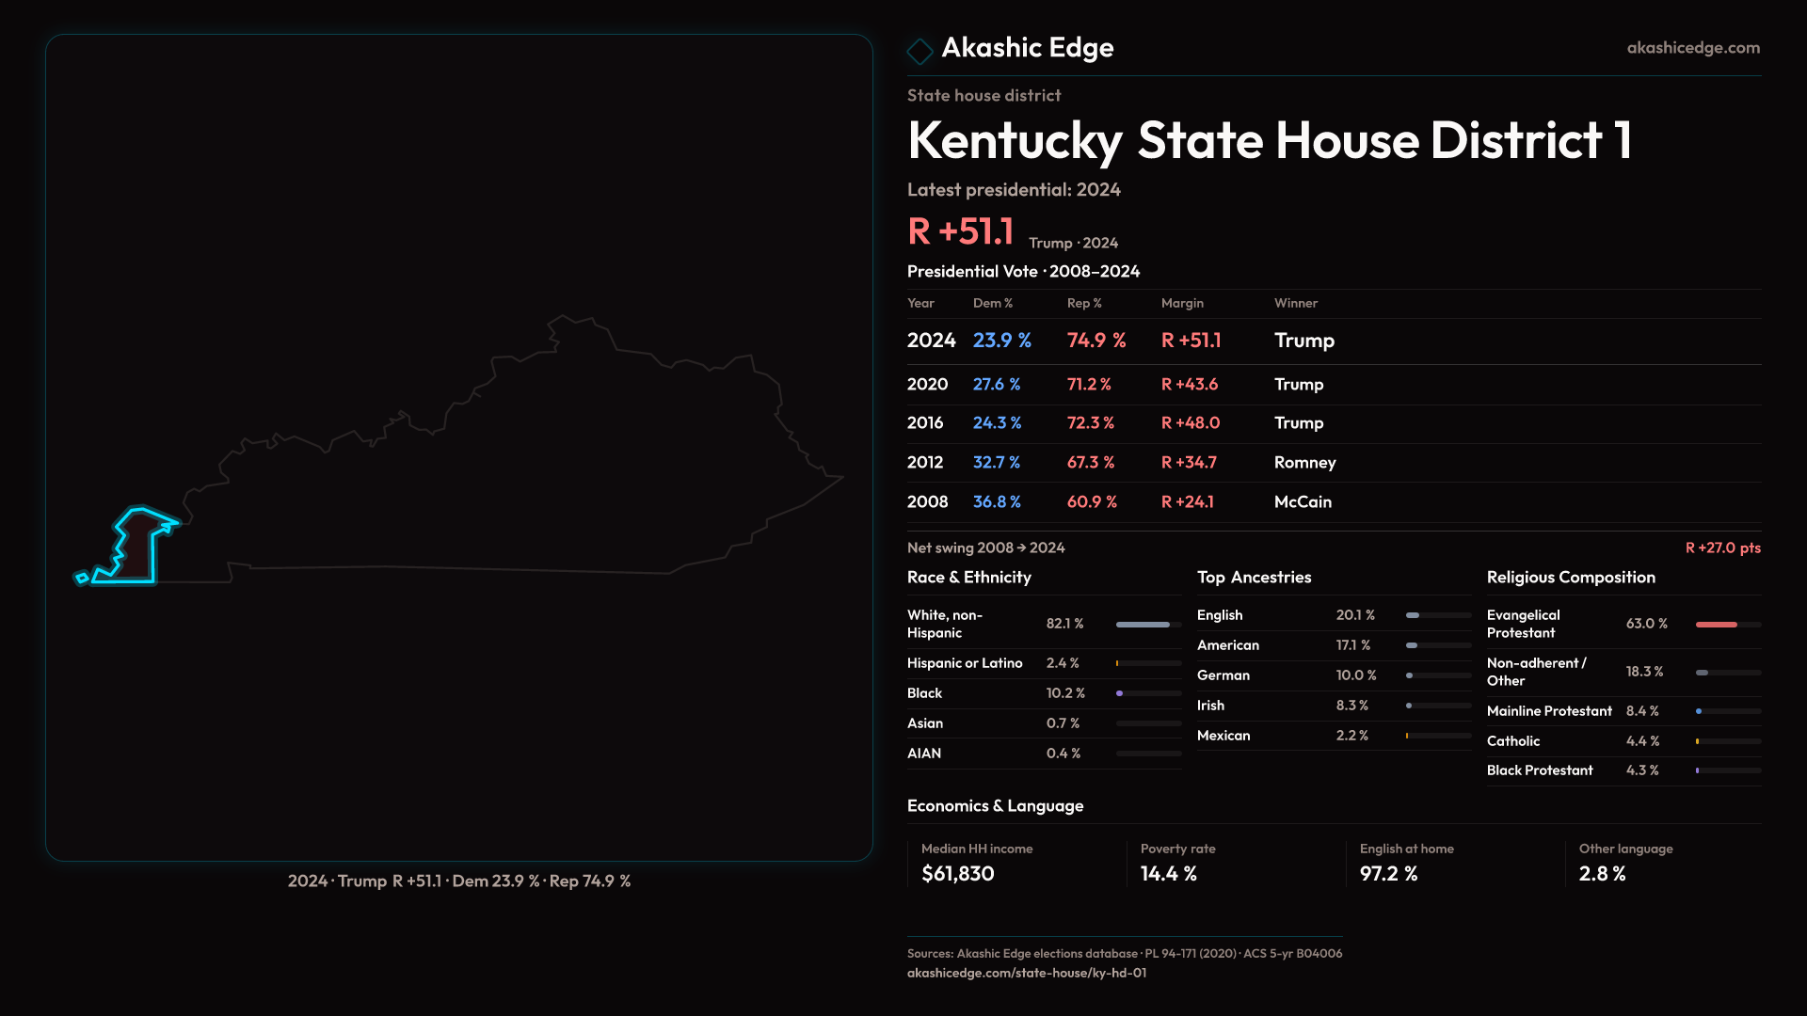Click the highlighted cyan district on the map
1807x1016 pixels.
click(x=136, y=550)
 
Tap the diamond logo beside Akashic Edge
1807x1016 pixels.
click(x=919, y=51)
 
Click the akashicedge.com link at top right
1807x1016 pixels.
click(x=1692, y=48)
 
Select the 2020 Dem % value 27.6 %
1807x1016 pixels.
click(x=996, y=385)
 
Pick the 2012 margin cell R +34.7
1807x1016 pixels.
click(x=1189, y=463)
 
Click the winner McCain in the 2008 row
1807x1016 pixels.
click(x=1303, y=502)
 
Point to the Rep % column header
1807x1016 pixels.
click(x=1084, y=303)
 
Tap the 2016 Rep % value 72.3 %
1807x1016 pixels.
click(x=1090, y=423)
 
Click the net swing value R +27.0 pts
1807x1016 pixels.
click(x=1722, y=548)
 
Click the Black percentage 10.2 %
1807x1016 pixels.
click(x=1065, y=693)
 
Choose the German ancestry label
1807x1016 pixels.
click(x=1223, y=675)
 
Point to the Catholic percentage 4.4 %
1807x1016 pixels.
click(x=1642, y=741)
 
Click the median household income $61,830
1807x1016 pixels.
click(x=957, y=874)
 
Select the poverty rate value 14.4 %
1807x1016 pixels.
click(x=1168, y=874)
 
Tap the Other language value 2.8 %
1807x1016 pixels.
click(x=1602, y=874)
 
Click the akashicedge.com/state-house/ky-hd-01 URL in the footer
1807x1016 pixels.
click(x=1026, y=974)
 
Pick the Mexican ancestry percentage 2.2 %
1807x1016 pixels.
click(x=1351, y=736)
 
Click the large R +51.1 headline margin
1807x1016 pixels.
click(x=960, y=231)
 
